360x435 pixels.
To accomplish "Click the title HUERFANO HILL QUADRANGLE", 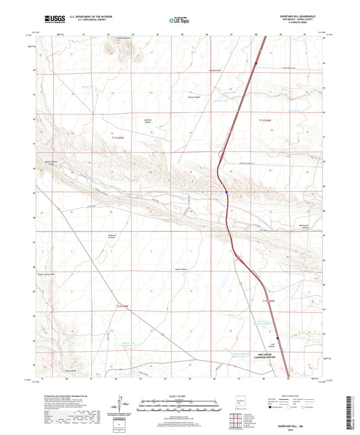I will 295,16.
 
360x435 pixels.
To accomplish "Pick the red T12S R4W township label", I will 268,299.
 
